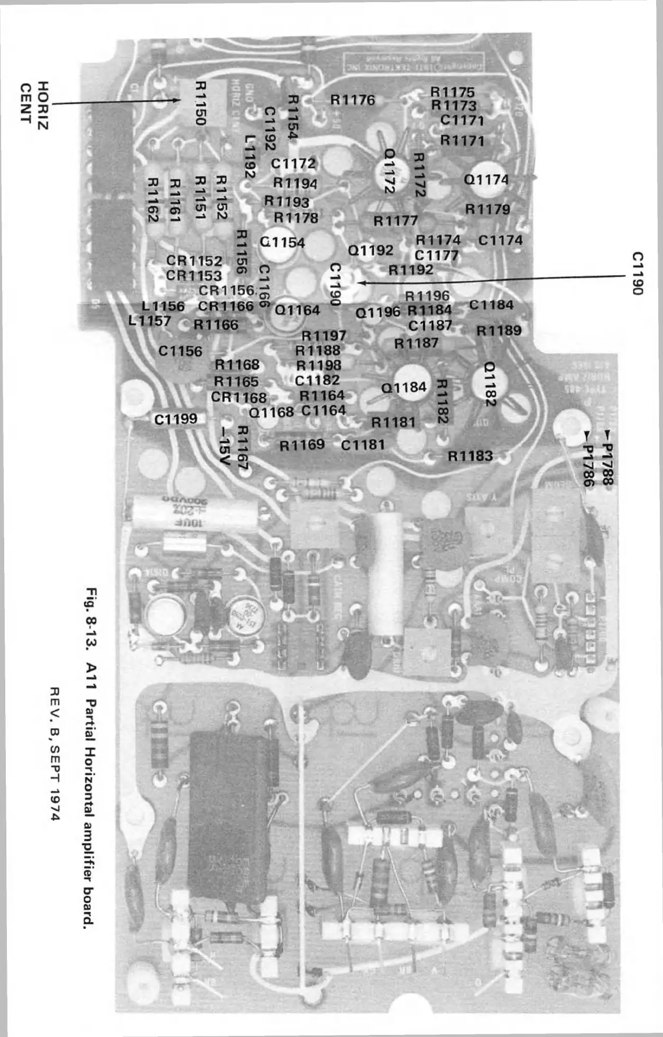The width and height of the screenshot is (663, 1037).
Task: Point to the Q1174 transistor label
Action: click(x=486, y=180)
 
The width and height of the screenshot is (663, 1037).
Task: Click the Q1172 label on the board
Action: click(x=389, y=170)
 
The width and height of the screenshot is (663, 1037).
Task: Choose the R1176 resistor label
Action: click(x=352, y=99)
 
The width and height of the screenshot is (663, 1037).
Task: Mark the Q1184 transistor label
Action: click(x=404, y=388)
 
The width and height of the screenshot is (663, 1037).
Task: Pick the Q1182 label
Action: click(x=490, y=384)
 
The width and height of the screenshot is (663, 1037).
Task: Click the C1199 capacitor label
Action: click(x=176, y=419)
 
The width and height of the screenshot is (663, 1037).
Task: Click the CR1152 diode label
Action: click(x=194, y=261)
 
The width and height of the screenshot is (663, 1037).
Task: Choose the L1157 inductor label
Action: click(x=150, y=321)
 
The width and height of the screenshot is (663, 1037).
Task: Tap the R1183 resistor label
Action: click(x=470, y=456)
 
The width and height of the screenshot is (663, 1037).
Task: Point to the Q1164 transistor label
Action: click(x=297, y=310)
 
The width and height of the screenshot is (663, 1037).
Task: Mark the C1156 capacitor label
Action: click(x=180, y=351)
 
